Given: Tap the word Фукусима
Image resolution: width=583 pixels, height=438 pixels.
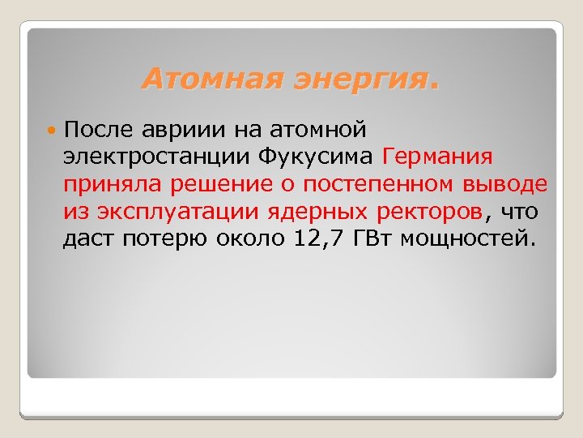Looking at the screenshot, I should [309, 157].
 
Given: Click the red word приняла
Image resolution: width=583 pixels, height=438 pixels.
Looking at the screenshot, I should [113, 184].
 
